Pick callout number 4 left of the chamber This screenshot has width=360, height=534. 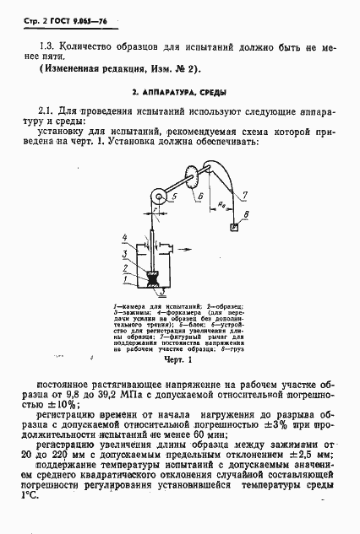click(124, 238)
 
